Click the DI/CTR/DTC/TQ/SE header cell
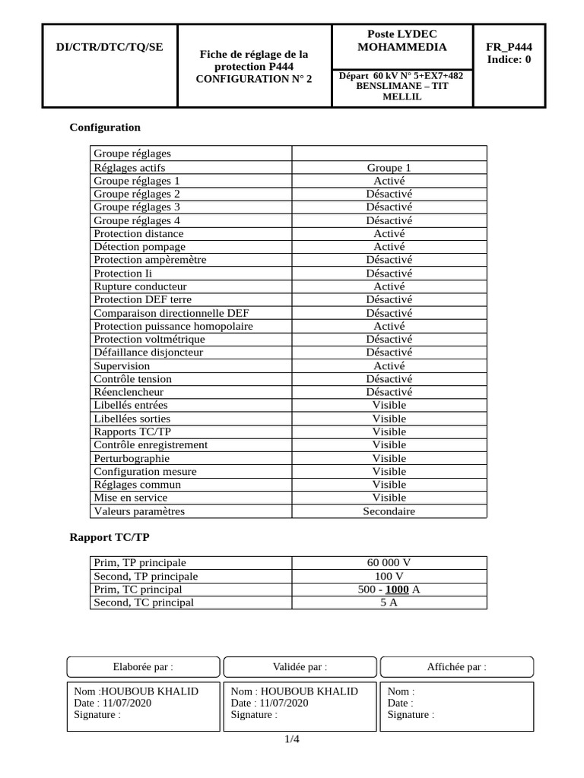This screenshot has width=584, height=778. click(109, 47)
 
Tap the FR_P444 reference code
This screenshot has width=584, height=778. click(509, 47)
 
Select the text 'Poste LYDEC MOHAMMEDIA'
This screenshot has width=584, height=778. click(401, 41)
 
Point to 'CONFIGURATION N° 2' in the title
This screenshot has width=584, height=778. click(254, 78)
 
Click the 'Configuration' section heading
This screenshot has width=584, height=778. click(105, 127)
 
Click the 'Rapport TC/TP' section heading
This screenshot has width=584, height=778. click(109, 537)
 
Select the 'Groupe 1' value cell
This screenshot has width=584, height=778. click(389, 168)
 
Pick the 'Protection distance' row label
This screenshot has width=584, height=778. click(138, 233)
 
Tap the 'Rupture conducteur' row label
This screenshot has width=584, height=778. click(140, 286)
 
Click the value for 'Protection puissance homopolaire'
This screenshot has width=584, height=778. click(389, 326)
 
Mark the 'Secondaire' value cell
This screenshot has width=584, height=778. click(389, 511)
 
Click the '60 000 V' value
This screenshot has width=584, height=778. click(389, 563)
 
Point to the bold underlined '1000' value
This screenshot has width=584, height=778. click(398, 590)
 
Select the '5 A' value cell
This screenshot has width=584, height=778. click(389, 602)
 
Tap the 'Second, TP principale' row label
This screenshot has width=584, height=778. click(145, 576)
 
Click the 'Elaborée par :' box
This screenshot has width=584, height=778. click(143, 667)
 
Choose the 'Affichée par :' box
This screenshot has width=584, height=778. click(456, 667)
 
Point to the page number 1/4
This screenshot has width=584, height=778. click(292, 739)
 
